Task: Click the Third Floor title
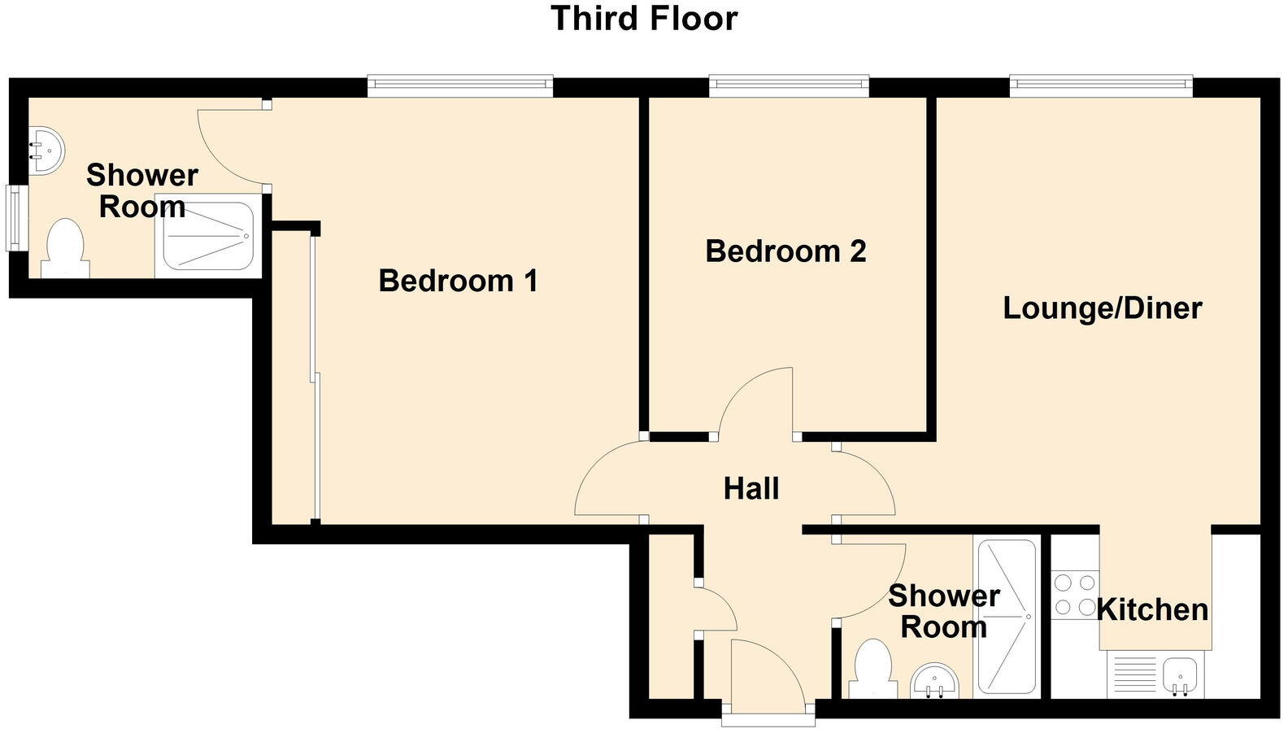pos(644,18)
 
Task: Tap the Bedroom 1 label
pos(458,282)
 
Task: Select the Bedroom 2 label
pos(785,251)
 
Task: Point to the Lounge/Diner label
pos(1102,308)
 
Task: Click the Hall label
pos(751,489)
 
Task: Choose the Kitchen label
pos(1152,609)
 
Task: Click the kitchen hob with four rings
pos(1074,595)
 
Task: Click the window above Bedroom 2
pos(788,84)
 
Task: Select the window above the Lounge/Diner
pos(1101,84)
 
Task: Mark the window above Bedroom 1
pos(459,84)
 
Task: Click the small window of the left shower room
pos(14,218)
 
